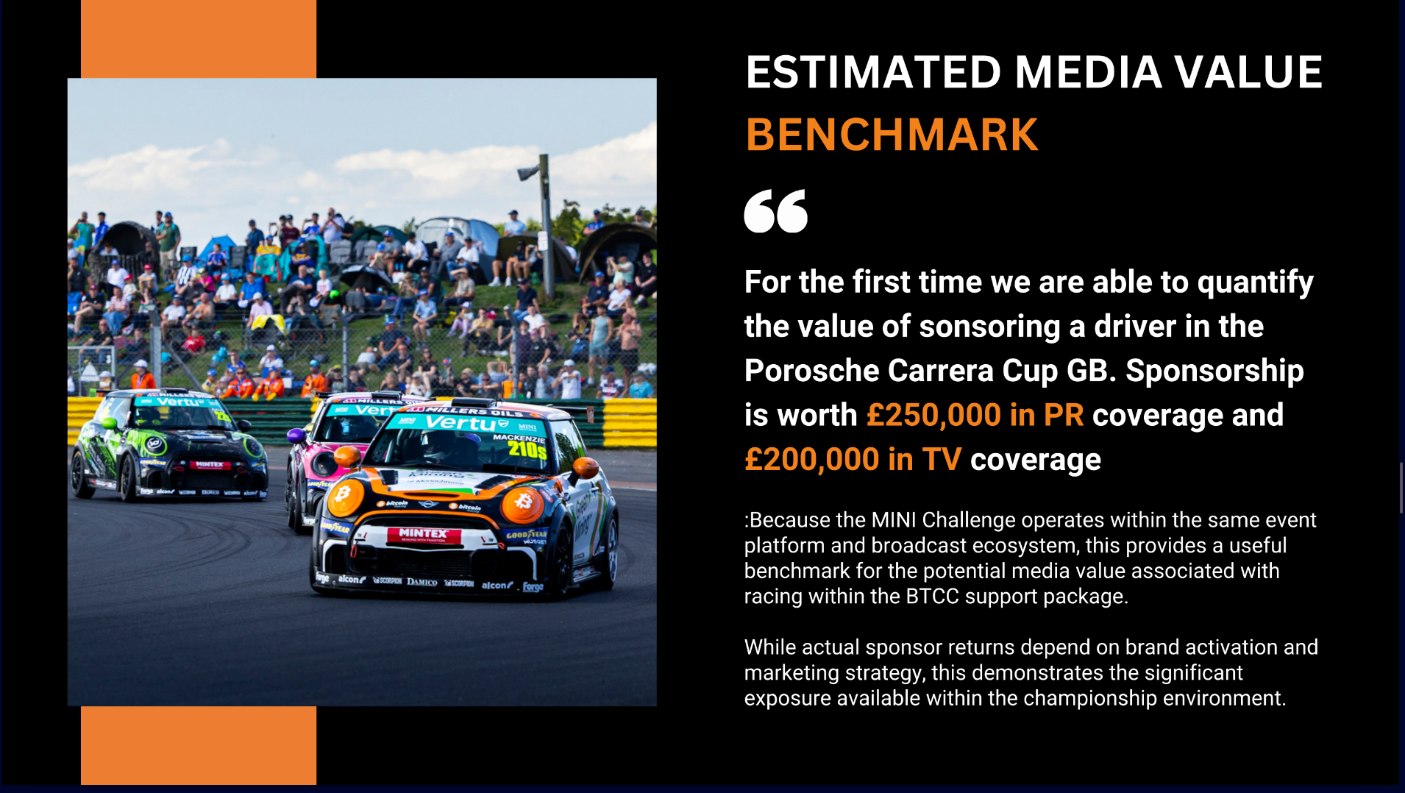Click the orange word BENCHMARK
click(892, 135)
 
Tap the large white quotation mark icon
click(776, 211)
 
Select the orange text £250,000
click(933, 415)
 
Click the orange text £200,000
click(811, 460)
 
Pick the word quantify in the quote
click(1255, 283)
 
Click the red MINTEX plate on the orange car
click(423, 534)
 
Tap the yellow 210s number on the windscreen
click(527, 449)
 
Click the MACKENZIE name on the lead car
click(519, 438)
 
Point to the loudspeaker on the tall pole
click(528, 173)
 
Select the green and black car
click(168, 445)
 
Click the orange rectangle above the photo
click(199, 39)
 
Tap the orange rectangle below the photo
click(199, 745)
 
